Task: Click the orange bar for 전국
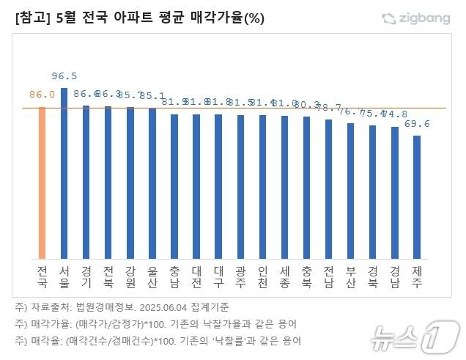point(42,183)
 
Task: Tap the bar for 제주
point(417,197)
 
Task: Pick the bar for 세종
point(284,186)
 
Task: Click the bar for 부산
point(350,191)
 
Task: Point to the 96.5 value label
point(64,76)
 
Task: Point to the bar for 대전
point(196,186)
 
